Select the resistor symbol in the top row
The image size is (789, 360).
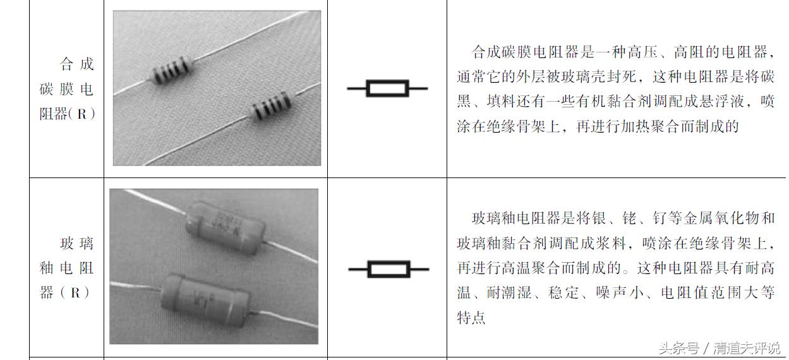387,88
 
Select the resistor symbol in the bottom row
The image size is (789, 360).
388,270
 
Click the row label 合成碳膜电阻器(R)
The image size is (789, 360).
67,89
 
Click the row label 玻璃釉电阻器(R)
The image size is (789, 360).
67,268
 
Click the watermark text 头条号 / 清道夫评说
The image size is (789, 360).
720,348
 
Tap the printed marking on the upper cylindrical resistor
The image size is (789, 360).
219,219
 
